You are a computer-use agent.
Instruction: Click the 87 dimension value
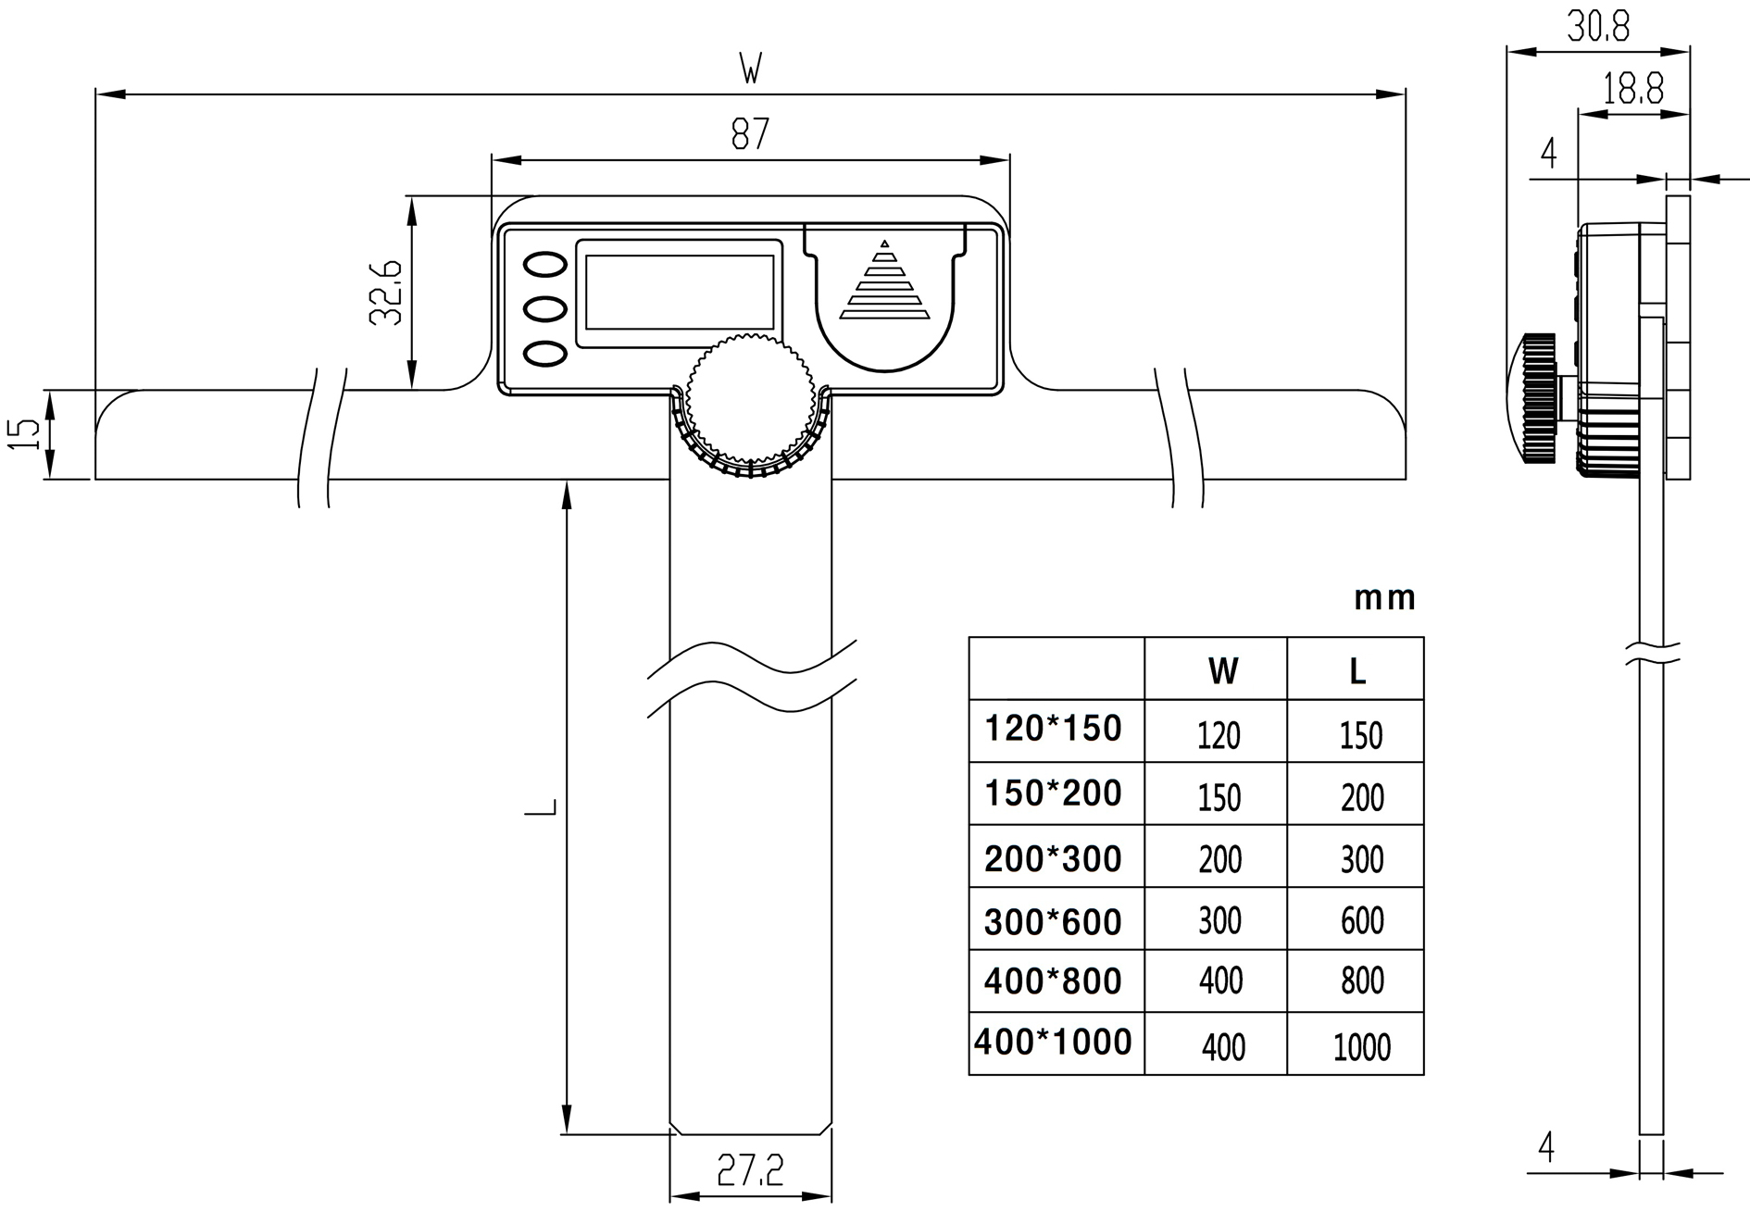[749, 134]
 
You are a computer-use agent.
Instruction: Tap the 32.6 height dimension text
[386, 292]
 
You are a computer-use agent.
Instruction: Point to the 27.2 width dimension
[750, 1171]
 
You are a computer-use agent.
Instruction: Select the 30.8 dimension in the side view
[1598, 27]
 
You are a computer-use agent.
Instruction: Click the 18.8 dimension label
[1633, 90]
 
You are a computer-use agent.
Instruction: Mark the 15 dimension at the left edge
[26, 433]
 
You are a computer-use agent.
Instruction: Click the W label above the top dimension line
[750, 69]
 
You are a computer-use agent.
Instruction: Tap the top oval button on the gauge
[545, 264]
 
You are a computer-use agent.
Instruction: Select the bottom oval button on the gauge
[545, 353]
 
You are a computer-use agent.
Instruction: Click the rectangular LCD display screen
[680, 293]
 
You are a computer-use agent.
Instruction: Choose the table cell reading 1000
[1361, 1047]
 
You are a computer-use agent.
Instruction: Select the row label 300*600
[1053, 922]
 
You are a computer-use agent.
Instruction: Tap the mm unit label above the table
[1384, 599]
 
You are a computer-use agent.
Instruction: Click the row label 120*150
[1053, 729]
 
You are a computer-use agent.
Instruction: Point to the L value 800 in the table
[1362, 980]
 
